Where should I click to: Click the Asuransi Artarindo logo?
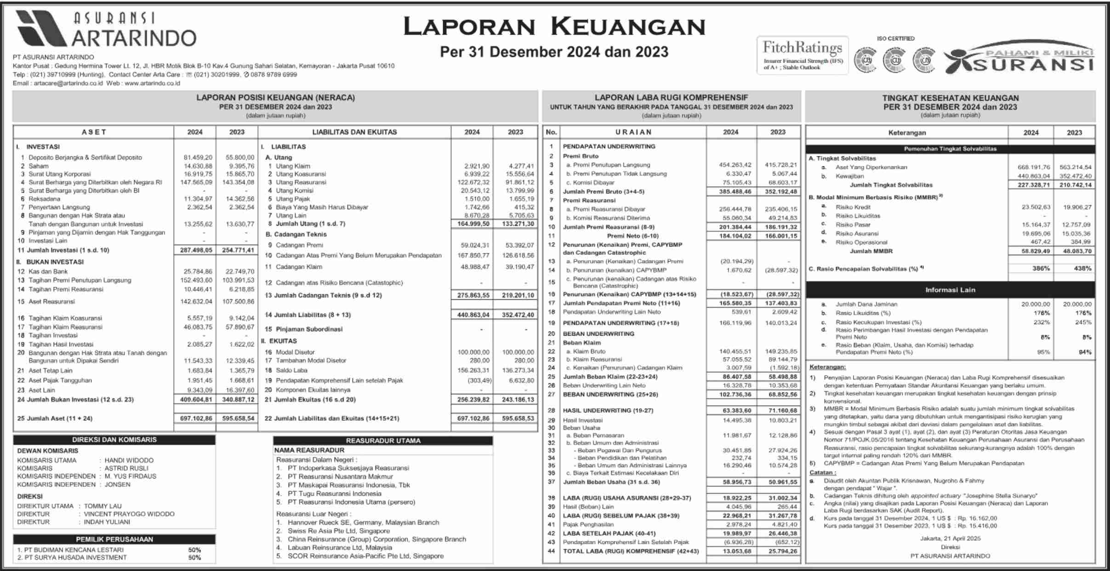(106, 29)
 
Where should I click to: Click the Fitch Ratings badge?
(802, 55)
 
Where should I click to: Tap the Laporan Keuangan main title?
(554, 27)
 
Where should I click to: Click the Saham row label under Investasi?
(38, 166)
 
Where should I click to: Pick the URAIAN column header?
(633, 132)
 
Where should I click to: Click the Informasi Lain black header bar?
(950, 290)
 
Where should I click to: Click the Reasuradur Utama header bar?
(383, 440)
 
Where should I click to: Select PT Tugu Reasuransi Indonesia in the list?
(334, 493)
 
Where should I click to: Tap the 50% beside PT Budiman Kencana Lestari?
(194, 550)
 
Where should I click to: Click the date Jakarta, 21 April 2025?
(950, 538)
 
